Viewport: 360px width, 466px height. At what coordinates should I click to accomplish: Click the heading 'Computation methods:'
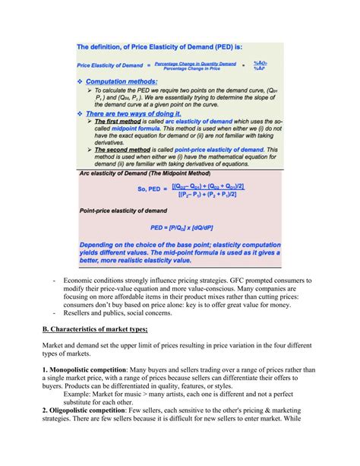(x=122, y=81)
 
